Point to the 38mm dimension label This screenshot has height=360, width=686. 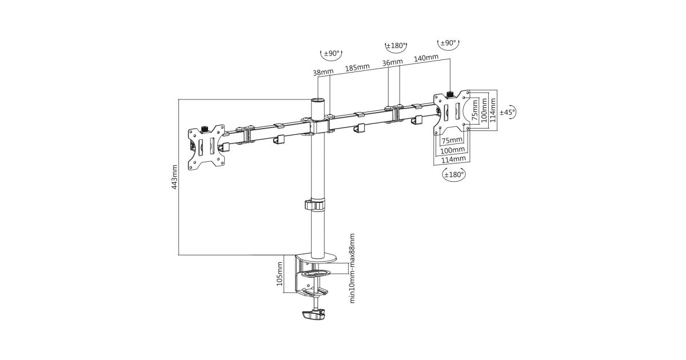tap(323, 73)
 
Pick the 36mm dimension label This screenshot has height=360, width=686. tap(393, 62)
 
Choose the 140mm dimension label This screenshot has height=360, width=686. tap(426, 58)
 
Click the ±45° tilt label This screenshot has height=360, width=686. tap(507, 112)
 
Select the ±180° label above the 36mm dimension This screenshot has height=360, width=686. tap(396, 46)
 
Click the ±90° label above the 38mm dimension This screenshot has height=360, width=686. tap(332, 54)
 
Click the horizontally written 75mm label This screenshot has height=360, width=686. tap(452, 141)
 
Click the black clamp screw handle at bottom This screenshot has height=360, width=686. tap(312, 314)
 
